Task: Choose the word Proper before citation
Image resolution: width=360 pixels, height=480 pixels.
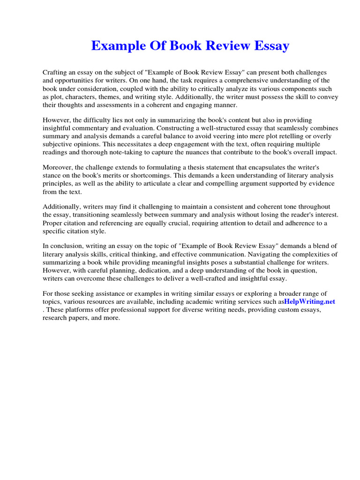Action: click(x=53, y=223)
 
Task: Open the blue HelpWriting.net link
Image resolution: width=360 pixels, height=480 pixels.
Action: click(x=309, y=302)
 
